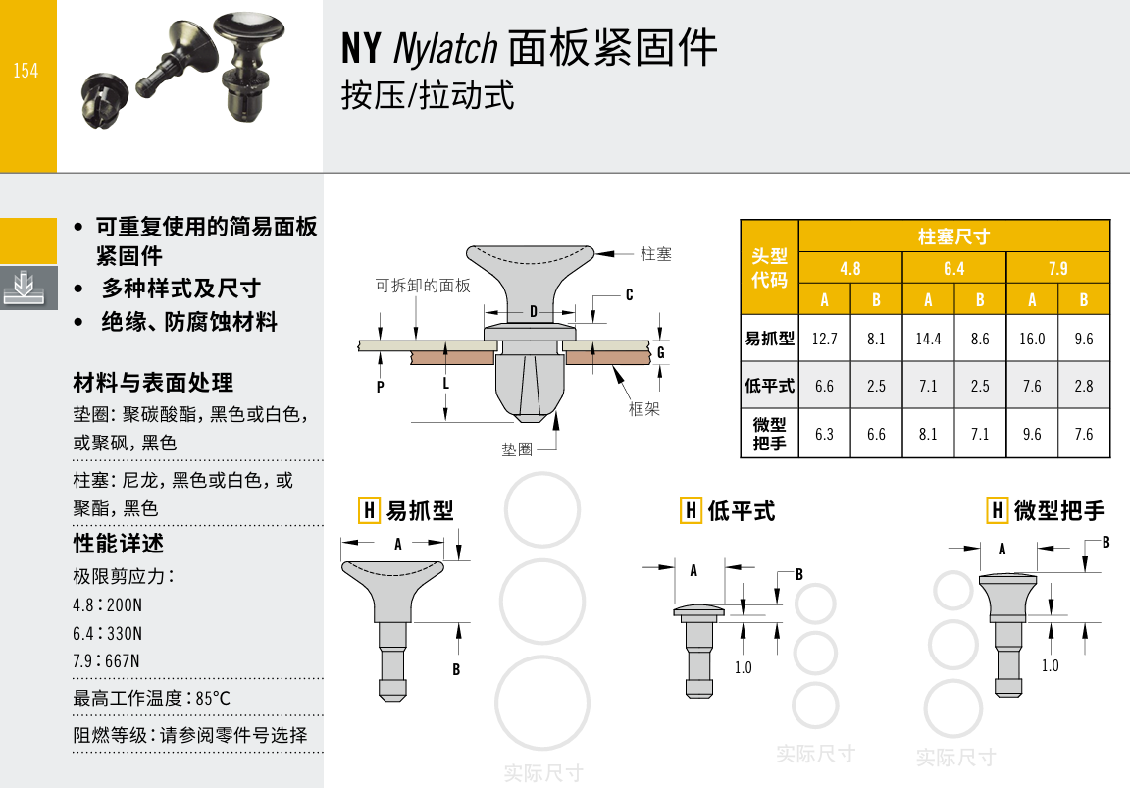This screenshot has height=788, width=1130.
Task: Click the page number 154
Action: pos(26,71)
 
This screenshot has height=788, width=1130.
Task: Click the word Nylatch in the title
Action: pos(445,49)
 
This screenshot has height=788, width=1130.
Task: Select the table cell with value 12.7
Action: pos(824,339)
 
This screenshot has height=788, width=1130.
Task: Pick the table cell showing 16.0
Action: pos(1032,339)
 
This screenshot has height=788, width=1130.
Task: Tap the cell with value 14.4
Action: pos(928,339)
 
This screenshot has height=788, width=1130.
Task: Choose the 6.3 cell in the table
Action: pos(824,434)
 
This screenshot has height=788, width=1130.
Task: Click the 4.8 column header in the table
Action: pos(850,269)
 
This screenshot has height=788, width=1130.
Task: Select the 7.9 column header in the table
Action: pos(1058,269)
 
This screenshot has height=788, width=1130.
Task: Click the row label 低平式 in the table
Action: pos(770,386)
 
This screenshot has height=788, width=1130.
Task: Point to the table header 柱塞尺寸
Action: pos(954,236)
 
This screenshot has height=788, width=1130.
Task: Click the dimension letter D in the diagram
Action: pos(534,311)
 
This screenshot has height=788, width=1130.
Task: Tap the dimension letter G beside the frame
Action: pos(660,352)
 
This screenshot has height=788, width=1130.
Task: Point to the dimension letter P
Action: pos(380,387)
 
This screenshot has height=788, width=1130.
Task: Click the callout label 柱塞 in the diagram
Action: pos(656,254)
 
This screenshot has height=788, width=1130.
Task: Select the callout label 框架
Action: pos(643,409)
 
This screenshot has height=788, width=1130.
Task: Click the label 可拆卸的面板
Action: pos(423,286)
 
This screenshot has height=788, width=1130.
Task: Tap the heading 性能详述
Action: pos(118,543)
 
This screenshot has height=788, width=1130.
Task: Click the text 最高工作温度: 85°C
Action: pos(151,698)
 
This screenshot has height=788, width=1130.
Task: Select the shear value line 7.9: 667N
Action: pos(107,661)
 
